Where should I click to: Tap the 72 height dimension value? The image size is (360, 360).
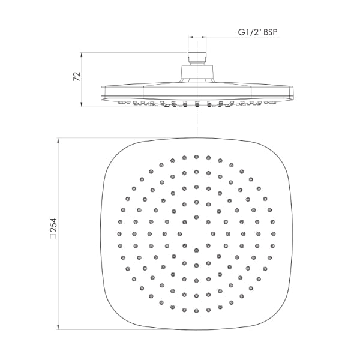point(76,77)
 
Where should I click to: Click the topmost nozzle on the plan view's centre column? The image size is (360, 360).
point(196,156)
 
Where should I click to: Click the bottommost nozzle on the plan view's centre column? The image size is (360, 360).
point(196,311)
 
